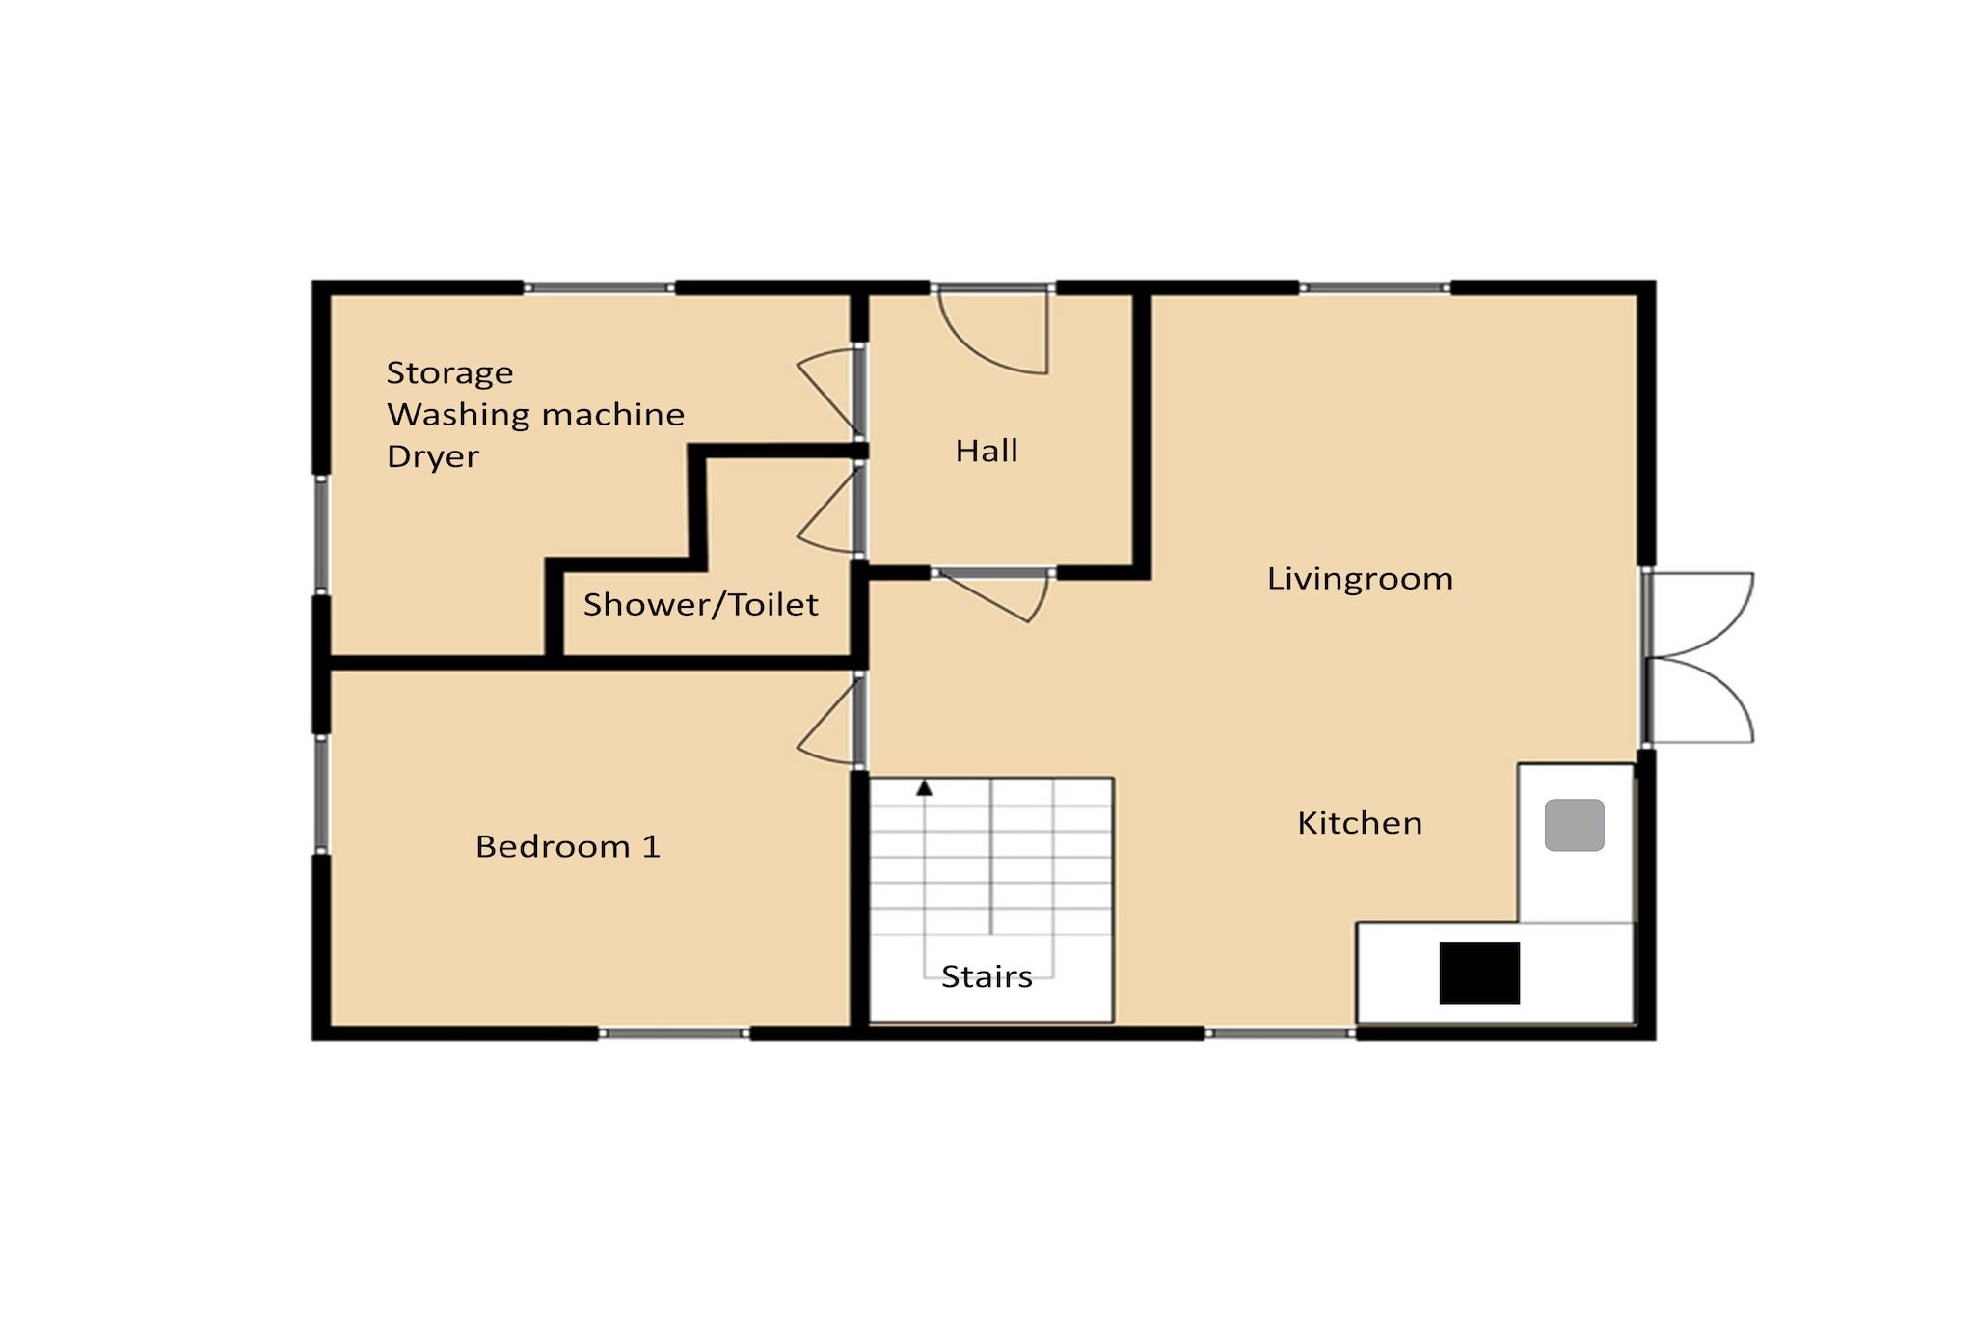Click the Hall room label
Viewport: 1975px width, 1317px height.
click(987, 451)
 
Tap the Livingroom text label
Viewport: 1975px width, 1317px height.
click(1360, 579)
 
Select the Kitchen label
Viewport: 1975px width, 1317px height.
click(1360, 823)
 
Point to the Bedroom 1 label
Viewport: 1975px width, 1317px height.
click(568, 846)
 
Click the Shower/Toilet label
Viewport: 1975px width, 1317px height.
click(701, 604)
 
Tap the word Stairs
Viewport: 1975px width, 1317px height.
click(987, 976)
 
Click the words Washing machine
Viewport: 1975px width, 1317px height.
click(536, 415)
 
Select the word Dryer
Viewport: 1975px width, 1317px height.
click(433, 456)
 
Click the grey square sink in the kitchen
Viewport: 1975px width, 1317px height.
click(1574, 825)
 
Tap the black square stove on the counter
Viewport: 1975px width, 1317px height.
click(1479, 973)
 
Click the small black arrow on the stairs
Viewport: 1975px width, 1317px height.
click(924, 788)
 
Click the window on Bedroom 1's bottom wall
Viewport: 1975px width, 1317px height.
click(675, 1033)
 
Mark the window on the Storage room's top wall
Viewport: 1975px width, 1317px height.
click(599, 288)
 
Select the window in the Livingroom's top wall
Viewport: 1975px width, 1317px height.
click(1375, 288)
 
